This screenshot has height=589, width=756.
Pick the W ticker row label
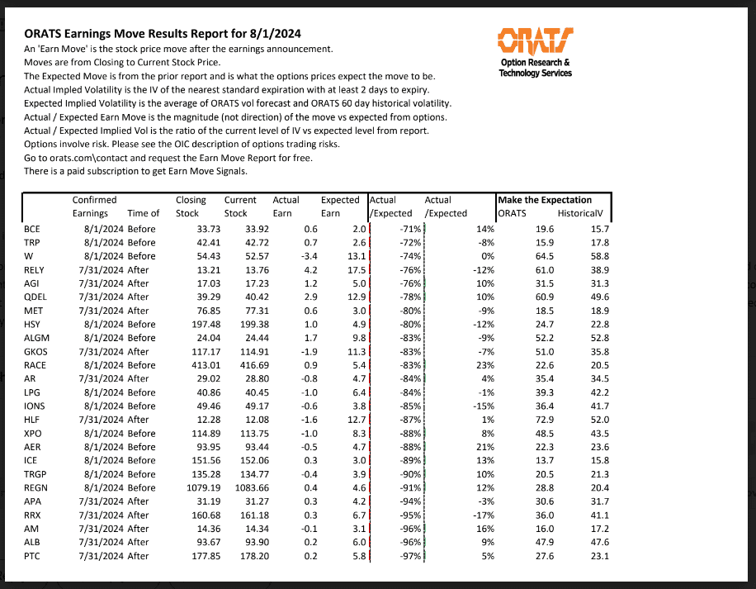pyautogui.click(x=29, y=256)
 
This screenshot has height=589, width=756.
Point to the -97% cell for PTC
pyautogui.click(x=407, y=556)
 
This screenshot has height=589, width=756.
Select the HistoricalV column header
pyautogui.click(x=583, y=213)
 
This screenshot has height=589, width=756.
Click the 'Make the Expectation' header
pyautogui.click(x=544, y=200)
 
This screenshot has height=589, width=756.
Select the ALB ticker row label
pyautogui.click(x=33, y=542)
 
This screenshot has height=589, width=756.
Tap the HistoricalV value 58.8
pyautogui.click(x=596, y=256)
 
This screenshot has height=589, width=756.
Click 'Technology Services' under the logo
pyautogui.click(x=535, y=73)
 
